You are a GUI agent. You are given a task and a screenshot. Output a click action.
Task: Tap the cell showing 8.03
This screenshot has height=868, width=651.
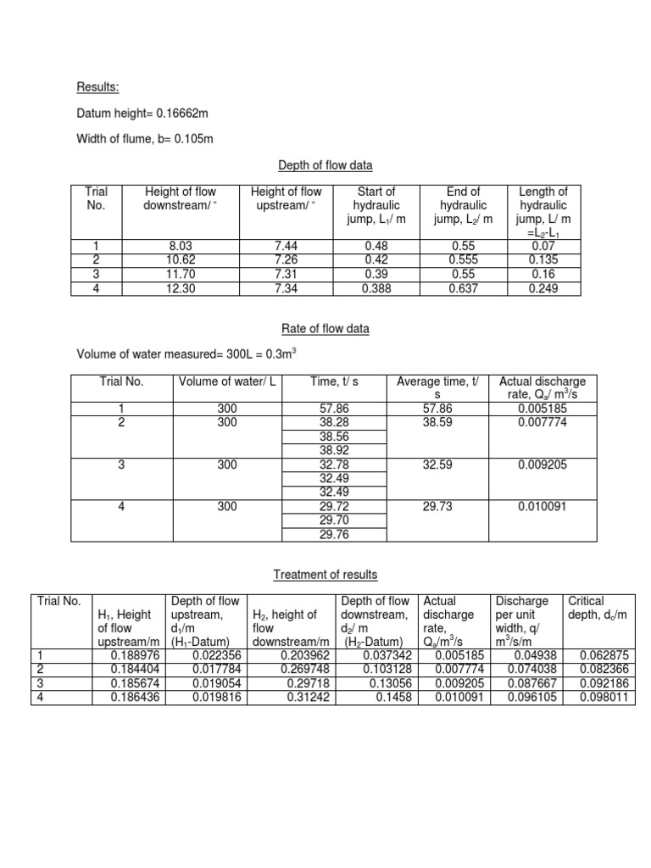(x=182, y=247)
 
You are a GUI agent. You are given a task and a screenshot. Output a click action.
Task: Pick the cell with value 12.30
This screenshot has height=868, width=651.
(x=182, y=288)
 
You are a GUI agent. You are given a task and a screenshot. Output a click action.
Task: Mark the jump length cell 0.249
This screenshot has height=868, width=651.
(x=543, y=288)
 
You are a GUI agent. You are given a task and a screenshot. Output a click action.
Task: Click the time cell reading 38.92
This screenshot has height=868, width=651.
(x=334, y=450)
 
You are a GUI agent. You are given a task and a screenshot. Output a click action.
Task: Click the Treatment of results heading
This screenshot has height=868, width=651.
(x=325, y=575)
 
